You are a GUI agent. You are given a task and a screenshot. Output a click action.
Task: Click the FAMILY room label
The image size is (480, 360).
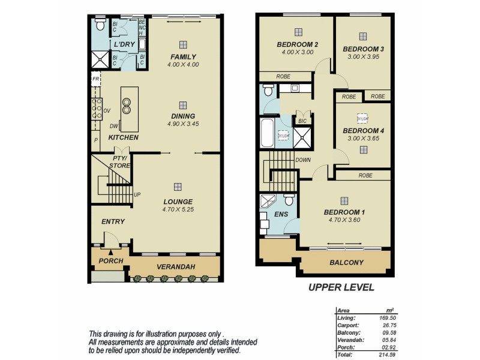183,56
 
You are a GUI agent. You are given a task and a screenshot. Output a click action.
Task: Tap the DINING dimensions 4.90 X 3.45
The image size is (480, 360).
183,124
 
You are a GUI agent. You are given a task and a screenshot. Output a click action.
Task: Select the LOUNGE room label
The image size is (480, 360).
178,201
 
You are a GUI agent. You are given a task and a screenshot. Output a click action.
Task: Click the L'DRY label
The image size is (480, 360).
125,45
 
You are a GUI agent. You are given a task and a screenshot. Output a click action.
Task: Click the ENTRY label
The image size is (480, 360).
113,221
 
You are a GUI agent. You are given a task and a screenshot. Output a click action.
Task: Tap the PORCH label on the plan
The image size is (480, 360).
111,261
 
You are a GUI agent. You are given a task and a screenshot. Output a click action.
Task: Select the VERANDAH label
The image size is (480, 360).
174,266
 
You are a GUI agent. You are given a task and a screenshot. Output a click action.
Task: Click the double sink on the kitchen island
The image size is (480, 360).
127,106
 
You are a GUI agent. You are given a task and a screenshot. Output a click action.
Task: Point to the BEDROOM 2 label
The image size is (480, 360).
297,44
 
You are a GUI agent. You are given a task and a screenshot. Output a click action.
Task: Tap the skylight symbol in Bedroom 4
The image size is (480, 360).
363,118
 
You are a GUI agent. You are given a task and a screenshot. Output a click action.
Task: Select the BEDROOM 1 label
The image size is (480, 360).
344,212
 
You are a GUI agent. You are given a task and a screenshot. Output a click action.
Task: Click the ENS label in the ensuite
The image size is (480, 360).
281,214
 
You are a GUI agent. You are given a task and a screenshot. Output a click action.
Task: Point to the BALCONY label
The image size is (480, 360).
346,263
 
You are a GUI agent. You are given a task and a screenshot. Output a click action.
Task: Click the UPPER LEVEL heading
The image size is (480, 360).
341,287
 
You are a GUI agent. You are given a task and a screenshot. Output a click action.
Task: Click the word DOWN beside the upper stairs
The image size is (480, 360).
303,160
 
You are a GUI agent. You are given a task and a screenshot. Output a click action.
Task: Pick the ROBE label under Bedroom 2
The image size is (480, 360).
284,76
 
